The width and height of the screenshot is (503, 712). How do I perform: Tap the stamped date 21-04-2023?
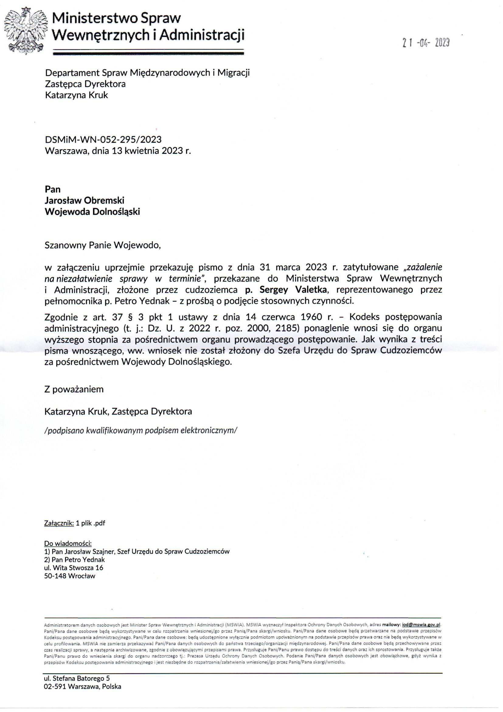point(426,43)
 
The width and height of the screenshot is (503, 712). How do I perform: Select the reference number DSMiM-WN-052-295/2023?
point(103,139)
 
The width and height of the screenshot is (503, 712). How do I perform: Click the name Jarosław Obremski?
point(85,200)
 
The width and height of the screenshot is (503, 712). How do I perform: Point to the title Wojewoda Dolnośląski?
point(92,211)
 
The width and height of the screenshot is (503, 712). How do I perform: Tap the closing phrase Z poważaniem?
point(74,389)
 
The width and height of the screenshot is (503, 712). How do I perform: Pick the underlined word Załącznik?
point(59,523)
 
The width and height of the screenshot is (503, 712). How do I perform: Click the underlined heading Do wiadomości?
point(68,543)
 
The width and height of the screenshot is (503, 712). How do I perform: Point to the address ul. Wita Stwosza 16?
point(74,567)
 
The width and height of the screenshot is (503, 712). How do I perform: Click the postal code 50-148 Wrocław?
point(70,576)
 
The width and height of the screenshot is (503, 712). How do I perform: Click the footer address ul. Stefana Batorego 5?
point(77,678)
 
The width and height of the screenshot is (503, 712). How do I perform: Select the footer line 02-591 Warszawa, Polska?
point(82,686)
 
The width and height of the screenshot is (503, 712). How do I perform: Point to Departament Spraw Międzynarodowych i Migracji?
point(147,72)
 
